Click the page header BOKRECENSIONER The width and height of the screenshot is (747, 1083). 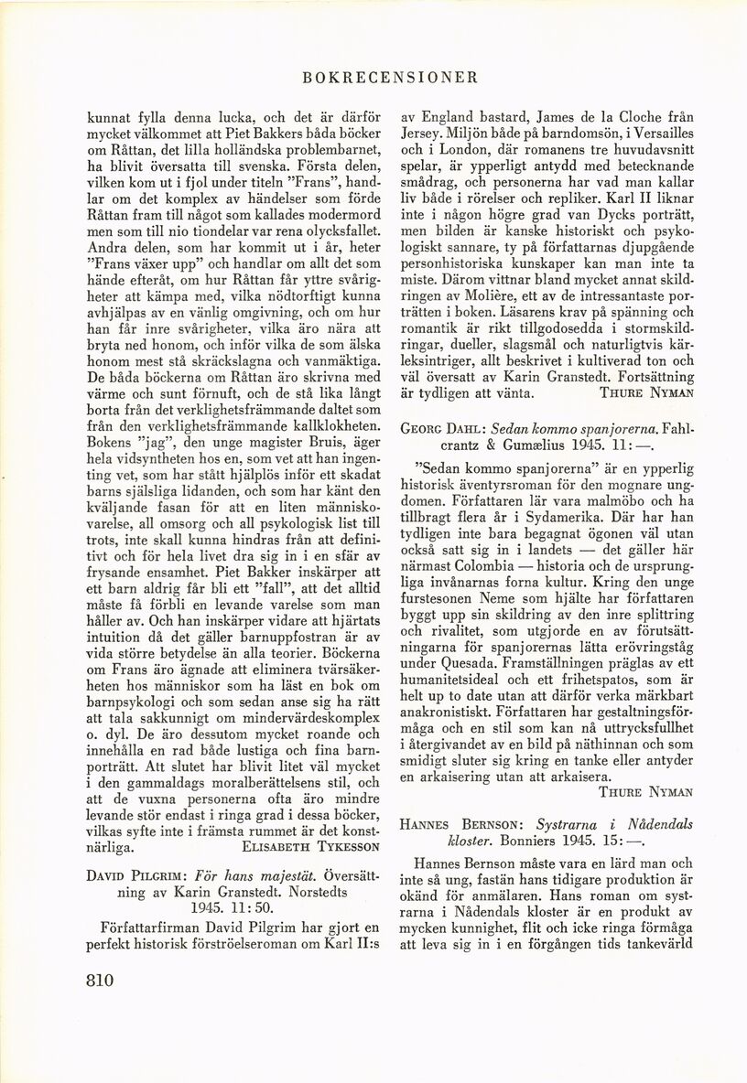(373, 78)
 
